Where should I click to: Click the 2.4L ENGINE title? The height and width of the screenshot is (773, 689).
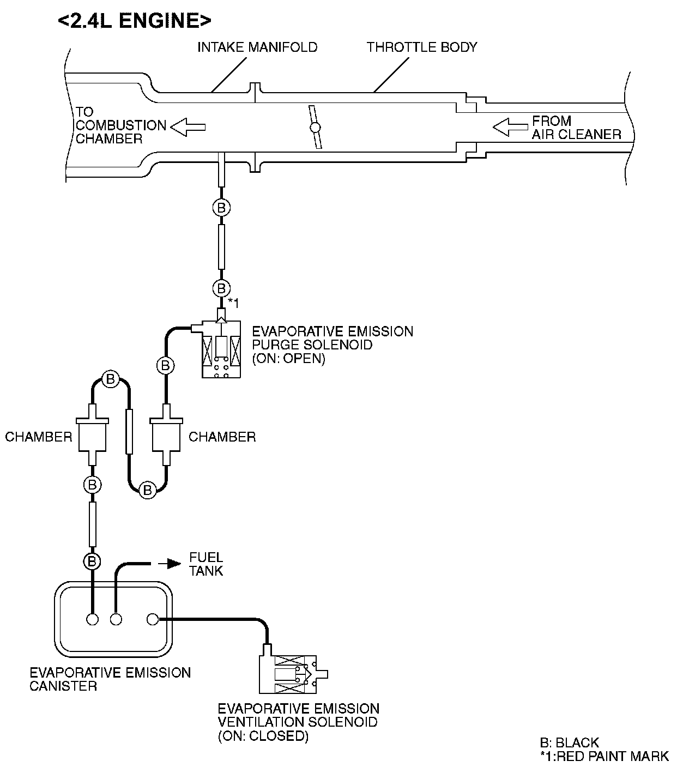134,21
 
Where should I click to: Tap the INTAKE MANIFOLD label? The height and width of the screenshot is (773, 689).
257,47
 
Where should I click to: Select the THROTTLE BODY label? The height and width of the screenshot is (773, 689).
421,47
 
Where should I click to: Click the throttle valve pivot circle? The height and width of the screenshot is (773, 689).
315,128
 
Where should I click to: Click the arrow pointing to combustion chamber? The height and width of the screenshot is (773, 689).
188,128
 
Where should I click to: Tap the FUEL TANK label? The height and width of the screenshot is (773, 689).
206,564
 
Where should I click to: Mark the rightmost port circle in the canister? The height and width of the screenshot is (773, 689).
153,619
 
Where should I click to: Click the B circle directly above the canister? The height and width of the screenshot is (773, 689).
92,560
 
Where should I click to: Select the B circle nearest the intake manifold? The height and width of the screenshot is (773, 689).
221,208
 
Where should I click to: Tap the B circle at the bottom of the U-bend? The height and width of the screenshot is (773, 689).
147,490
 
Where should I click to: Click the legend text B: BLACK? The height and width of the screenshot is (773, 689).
569,742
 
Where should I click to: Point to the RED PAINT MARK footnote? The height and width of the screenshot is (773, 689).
604,756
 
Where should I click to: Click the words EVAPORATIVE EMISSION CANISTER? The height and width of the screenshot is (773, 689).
110,679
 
